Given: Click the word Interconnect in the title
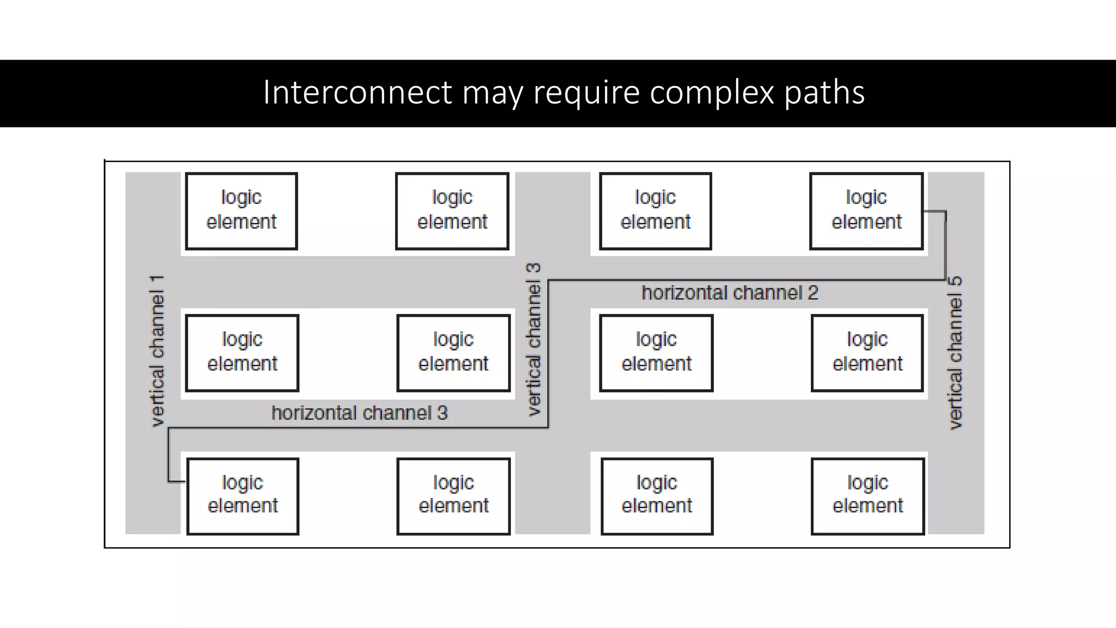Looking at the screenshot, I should click(357, 93).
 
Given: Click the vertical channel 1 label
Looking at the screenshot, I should click(157, 351).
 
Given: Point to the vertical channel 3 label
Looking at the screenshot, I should click(534, 340).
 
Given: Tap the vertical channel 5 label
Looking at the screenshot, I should click(955, 352).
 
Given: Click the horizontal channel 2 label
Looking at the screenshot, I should click(730, 293).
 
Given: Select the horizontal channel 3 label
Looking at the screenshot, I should click(359, 413).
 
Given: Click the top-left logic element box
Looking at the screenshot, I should click(241, 211).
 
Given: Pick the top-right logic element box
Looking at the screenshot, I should click(866, 211).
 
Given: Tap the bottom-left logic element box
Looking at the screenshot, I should click(242, 496).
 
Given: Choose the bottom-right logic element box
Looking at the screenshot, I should click(868, 496).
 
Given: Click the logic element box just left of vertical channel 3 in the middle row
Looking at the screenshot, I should click(453, 353).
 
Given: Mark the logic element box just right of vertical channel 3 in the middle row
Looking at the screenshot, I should click(656, 353).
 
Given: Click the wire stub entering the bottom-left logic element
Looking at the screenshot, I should click(177, 481).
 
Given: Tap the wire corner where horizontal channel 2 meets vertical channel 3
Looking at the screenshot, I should click(548, 281).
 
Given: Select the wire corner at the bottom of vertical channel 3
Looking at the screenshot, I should click(548, 427).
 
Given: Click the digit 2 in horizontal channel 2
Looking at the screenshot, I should click(812, 293).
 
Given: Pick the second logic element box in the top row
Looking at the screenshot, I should click(452, 211).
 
